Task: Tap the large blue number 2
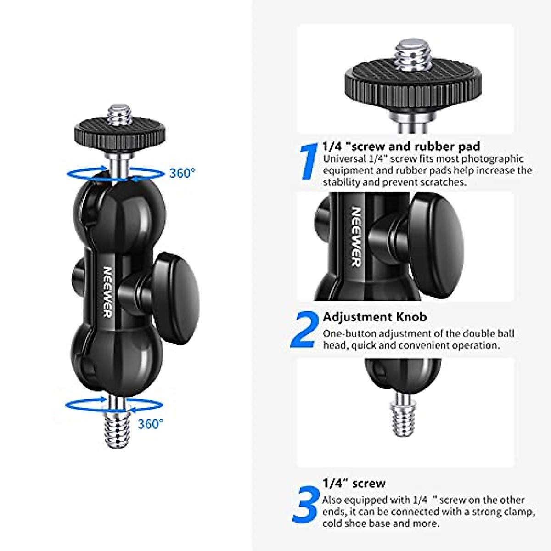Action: pos(305,329)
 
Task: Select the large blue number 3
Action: pos(306,505)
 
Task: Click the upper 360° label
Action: pos(182,173)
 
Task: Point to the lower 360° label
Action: pos(151,423)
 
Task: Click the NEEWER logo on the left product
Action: pos(107,292)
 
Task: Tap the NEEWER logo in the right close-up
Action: pos(356,236)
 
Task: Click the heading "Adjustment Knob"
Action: pos(375,317)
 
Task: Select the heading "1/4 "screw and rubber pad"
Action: pos(401,146)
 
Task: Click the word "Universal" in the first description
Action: pos(343,159)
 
